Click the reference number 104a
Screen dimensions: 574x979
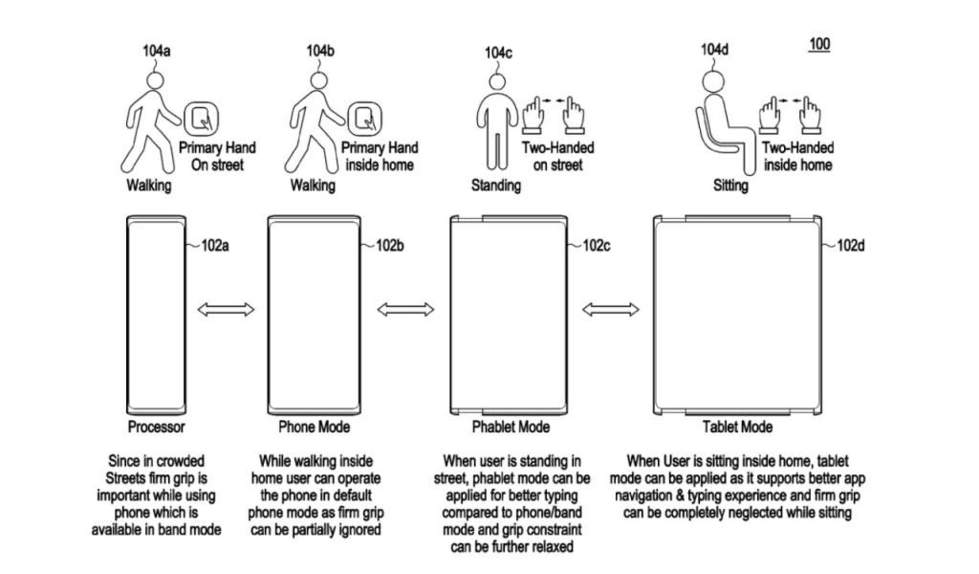157,51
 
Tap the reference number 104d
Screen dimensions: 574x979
714,49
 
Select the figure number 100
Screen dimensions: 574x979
819,44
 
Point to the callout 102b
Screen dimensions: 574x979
390,246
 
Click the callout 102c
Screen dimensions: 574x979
596,246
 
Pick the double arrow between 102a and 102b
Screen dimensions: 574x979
226,309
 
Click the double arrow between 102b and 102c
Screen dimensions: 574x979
405,309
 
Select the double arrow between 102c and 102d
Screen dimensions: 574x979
610,309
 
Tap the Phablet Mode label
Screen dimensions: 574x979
510,427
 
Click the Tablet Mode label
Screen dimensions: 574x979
737,427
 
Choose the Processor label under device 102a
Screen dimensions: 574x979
156,427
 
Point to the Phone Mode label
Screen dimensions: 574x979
314,427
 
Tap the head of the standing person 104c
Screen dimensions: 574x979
497,82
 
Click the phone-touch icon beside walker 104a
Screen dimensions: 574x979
201,118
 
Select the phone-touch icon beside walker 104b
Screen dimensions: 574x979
365,118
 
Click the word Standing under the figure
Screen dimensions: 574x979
496,185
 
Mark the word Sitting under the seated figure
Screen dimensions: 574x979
730,185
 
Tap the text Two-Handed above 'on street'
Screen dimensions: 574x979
558,148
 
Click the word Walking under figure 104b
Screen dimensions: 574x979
313,185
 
